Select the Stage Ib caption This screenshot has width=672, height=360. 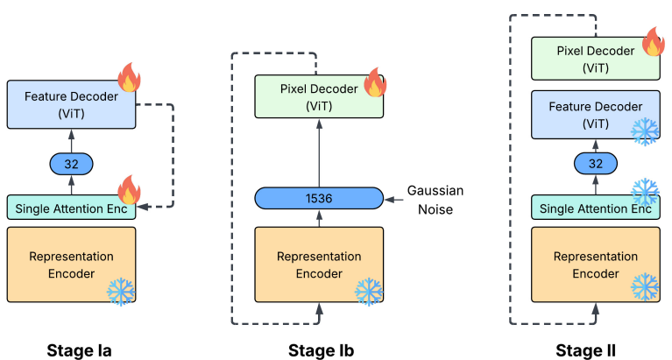321,350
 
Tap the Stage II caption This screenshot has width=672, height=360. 585,350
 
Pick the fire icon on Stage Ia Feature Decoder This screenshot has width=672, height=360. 128,78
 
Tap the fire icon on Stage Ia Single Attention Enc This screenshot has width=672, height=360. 128,187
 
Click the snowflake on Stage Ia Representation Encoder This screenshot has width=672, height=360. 120,292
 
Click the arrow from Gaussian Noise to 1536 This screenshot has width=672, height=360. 393,198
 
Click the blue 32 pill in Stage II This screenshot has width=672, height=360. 595,163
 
